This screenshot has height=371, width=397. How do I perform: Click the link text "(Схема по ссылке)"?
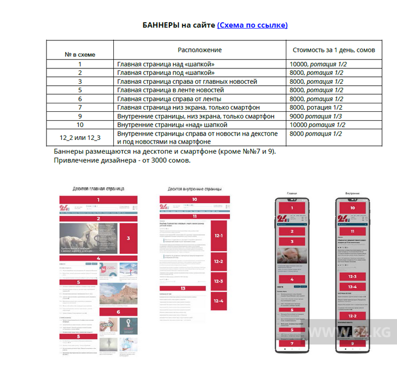tap(252, 25)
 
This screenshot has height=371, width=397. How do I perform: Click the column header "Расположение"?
tap(200, 50)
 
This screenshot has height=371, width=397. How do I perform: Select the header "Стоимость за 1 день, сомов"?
tap(334, 50)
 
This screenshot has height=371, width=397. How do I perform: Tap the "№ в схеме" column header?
tap(80, 55)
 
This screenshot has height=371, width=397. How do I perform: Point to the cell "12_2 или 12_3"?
tap(80, 137)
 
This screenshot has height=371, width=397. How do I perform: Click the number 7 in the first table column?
tap(80, 108)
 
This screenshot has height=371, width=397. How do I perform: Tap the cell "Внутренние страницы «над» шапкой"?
tap(172, 125)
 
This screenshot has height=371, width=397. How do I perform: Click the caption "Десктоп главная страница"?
tap(98, 188)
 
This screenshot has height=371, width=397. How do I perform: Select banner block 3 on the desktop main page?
tap(128, 238)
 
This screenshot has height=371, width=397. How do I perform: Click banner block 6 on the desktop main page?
tap(118, 312)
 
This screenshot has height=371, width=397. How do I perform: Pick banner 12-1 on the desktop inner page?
tap(219, 236)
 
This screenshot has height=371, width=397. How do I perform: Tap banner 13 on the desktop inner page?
tap(183, 288)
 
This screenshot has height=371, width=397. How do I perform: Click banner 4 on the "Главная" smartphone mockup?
tap(292, 279)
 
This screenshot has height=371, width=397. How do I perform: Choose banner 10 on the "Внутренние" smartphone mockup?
tap(352, 208)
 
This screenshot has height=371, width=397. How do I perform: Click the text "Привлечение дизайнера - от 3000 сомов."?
tap(122, 161)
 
